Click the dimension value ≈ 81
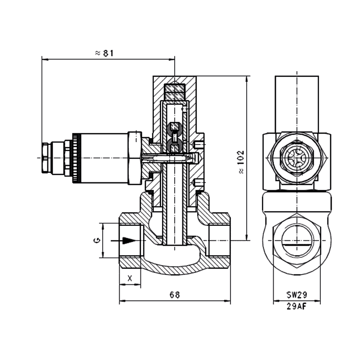coord(103,53)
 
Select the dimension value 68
coord(175,295)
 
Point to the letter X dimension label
coord(130,278)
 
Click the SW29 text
coord(297,295)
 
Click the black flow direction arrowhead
coord(129,241)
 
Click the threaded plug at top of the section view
coord(175,92)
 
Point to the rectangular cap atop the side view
coord(297,103)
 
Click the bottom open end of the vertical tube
coord(175,243)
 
